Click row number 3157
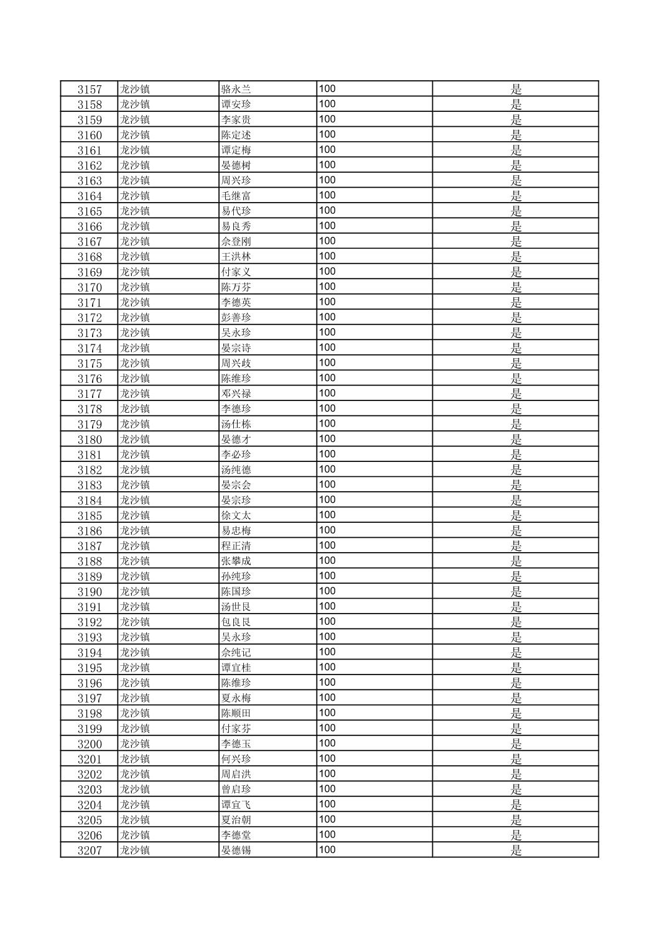(x=90, y=90)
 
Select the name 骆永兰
(x=236, y=90)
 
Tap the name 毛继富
(x=236, y=196)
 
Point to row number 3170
(x=90, y=287)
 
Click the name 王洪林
(x=236, y=257)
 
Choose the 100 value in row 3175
(x=327, y=363)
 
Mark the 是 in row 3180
(x=516, y=440)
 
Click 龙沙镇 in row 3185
(x=135, y=515)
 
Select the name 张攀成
(x=236, y=561)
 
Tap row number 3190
(x=90, y=592)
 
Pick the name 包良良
(x=236, y=622)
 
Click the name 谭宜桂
(x=236, y=668)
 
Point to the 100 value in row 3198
(x=327, y=713)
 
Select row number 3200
(x=90, y=744)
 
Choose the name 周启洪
(x=236, y=775)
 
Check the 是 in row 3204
(x=516, y=804)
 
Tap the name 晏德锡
(x=236, y=850)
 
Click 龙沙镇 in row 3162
(x=135, y=165)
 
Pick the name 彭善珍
(x=236, y=318)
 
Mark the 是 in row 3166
(x=516, y=226)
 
